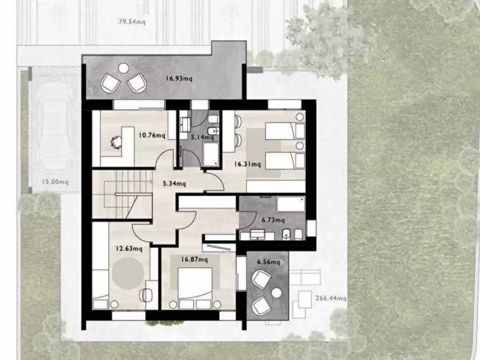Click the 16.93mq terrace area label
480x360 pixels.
(x=179, y=78)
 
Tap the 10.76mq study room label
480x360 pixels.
(x=152, y=135)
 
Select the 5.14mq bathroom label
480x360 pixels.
(x=202, y=137)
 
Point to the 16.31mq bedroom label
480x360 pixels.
(x=248, y=164)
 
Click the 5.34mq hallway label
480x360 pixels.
(x=174, y=184)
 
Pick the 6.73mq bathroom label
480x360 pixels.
(x=273, y=220)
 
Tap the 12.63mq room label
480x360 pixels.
(x=129, y=248)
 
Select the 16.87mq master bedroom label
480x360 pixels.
(x=195, y=260)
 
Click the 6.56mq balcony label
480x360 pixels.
(x=268, y=262)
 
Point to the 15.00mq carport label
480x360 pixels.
(x=55, y=182)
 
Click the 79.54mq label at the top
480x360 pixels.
(x=132, y=21)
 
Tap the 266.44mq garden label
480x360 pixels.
(x=331, y=298)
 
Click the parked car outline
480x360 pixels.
(x=55, y=126)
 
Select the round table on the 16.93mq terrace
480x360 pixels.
(x=124, y=68)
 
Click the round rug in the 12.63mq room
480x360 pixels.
(x=127, y=273)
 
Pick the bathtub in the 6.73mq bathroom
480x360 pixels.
(x=291, y=204)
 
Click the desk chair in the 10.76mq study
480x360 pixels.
(x=116, y=142)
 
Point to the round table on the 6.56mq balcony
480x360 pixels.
(x=276, y=293)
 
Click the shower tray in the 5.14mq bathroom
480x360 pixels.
(x=211, y=154)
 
